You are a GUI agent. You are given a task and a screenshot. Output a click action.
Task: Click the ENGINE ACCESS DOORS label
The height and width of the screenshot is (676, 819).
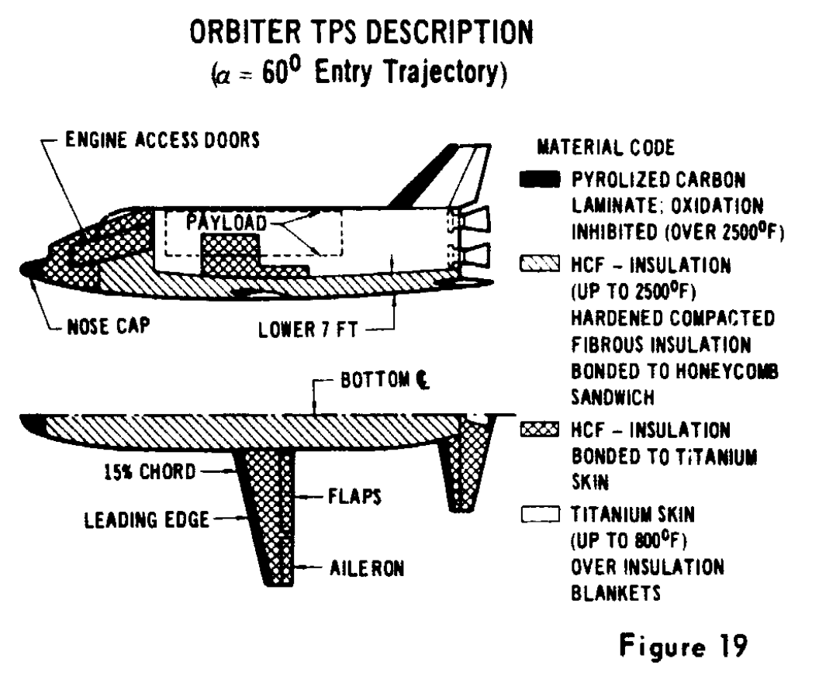[162, 140]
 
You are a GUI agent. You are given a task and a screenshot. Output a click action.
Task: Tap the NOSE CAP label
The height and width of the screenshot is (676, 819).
[109, 327]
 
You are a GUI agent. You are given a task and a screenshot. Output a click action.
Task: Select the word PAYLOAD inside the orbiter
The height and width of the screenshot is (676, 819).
[226, 223]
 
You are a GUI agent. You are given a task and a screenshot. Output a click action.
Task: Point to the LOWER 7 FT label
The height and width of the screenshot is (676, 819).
[308, 330]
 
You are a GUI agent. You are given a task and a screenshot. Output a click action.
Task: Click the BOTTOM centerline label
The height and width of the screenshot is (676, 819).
[385, 380]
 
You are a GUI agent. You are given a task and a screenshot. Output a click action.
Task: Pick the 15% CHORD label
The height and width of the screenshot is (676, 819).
[150, 472]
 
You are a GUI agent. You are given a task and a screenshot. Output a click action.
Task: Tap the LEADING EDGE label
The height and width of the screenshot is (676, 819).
[147, 520]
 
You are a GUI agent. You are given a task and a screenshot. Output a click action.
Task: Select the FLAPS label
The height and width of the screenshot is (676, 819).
[354, 496]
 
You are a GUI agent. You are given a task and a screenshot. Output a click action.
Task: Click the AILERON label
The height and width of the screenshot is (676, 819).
[367, 568]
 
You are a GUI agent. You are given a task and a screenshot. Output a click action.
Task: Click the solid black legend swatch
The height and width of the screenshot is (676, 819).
[540, 179]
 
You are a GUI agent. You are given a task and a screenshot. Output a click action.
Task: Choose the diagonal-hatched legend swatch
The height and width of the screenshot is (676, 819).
[540, 264]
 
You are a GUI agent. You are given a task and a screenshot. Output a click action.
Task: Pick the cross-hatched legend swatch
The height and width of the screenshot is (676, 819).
[540, 429]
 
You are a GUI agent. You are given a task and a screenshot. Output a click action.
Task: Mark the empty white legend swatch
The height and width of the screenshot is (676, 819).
[540, 515]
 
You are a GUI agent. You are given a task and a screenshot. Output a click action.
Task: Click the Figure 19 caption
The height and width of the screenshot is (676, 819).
[683, 646]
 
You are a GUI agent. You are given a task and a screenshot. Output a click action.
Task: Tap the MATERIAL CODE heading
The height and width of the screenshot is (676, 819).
[606, 147]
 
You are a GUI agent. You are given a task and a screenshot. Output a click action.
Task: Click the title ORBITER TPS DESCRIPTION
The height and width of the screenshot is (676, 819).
[361, 33]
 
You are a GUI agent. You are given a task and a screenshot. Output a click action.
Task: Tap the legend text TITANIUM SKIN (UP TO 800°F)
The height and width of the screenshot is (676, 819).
[633, 527]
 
